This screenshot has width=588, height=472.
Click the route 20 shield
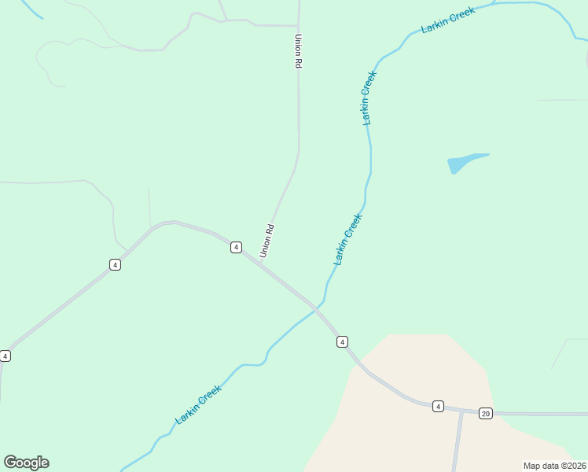(x=486, y=413)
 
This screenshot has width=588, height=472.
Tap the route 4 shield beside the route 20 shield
(x=438, y=407)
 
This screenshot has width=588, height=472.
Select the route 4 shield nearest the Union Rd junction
(x=236, y=247)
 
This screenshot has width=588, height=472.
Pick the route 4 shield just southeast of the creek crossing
(x=342, y=341)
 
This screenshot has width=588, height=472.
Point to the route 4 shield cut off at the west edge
(x=6, y=356)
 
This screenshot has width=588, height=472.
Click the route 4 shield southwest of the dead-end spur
(x=116, y=264)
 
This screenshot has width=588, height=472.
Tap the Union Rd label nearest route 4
(x=266, y=241)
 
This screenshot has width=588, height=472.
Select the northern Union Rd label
(x=299, y=51)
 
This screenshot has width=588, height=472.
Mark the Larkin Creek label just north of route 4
(x=347, y=239)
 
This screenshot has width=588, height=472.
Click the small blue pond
(x=463, y=162)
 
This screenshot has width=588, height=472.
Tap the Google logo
(x=26, y=463)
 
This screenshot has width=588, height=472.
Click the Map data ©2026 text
(x=555, y=466)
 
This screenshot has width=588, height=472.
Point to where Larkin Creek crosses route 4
(x=317, y=308)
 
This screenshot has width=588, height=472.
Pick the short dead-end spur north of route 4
(x=149, y=208)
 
